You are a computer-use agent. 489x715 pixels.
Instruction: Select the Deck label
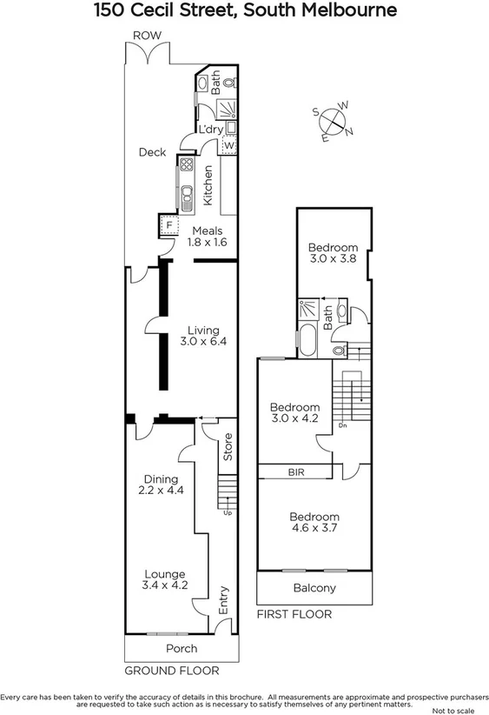click(152, 152)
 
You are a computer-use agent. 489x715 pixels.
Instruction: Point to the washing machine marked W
click(228, 146)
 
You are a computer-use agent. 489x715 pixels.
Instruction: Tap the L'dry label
click(211, 130)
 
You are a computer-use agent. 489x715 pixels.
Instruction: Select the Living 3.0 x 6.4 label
click(204, 337)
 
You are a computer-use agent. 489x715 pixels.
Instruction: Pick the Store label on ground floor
click(228, 446)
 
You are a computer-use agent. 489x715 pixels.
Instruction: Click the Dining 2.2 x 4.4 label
click(161, 484)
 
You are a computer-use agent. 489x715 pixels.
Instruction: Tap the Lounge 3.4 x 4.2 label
click(164, 580)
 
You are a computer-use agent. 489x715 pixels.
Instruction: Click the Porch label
click(181, 649)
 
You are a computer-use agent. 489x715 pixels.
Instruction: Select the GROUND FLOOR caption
click(171, 671)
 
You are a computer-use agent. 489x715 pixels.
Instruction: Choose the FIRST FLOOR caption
click(294, 614)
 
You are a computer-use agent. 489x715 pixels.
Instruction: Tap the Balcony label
click(314, 589)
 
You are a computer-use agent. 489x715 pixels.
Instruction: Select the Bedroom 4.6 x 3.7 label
click(314, 521)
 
